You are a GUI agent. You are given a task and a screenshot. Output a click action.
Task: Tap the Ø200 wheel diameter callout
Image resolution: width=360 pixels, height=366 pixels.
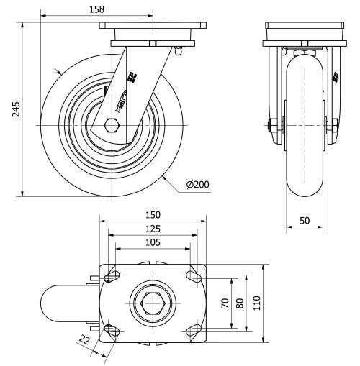197,185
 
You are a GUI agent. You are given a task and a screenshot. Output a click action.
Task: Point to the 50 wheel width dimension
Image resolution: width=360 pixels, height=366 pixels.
305,221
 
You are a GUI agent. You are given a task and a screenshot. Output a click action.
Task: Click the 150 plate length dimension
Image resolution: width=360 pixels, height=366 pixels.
152,214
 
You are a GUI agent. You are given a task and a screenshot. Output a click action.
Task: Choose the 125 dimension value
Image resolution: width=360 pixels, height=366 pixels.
152,229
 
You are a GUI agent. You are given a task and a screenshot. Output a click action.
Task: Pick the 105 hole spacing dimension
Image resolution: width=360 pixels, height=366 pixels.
152,242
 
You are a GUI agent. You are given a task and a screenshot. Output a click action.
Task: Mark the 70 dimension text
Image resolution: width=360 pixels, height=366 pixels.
224,303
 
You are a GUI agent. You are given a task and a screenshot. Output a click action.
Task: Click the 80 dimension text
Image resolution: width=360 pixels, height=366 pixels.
240,303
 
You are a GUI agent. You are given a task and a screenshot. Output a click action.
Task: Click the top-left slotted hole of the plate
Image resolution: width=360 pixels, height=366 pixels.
113,276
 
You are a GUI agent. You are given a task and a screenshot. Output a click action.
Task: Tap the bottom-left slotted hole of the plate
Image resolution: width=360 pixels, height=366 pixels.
113,330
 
